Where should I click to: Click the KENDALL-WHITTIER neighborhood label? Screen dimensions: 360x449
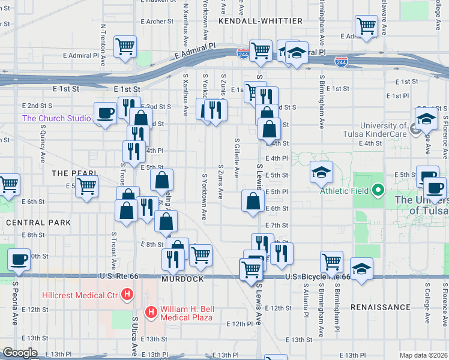261,21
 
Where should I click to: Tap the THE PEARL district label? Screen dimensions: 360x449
74,173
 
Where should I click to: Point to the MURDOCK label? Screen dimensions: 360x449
182,280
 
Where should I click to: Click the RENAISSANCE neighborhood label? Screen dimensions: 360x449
381,307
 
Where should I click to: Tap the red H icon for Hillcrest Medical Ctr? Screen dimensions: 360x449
127,295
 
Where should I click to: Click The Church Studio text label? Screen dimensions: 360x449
56,118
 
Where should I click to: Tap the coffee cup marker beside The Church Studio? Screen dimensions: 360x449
106,113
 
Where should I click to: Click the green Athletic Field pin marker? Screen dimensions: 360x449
378,191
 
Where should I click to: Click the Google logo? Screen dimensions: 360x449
20,353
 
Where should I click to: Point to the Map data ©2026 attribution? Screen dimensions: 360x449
423,355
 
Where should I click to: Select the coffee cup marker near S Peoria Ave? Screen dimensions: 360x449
19,259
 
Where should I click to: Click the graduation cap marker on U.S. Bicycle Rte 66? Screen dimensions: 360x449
361,269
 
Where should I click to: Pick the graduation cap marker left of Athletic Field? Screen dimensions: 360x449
321,172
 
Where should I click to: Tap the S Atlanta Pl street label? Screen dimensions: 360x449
306,302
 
